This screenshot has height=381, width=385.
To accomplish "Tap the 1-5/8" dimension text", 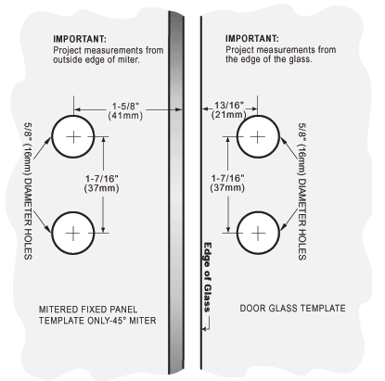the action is coord(125,107).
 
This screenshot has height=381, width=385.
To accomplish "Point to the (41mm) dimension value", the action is coord(125,116).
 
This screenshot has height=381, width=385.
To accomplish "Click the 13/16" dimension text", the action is coord(229,106).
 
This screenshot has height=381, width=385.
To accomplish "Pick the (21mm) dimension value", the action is coord(229,115).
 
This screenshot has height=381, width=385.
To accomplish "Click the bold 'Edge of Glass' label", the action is coord(207,277).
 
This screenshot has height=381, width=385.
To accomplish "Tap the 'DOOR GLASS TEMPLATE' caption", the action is coord(292,308).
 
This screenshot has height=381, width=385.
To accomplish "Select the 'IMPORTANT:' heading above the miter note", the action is coord(80,39).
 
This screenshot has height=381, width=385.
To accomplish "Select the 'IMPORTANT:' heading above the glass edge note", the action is coord(252,39).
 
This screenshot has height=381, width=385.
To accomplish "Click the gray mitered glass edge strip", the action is coord(176,192).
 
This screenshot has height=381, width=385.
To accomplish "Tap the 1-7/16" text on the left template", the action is coord(102,179).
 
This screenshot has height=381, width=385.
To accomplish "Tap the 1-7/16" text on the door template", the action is coord(227,178).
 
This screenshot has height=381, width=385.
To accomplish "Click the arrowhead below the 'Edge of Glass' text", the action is coord(204,329).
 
